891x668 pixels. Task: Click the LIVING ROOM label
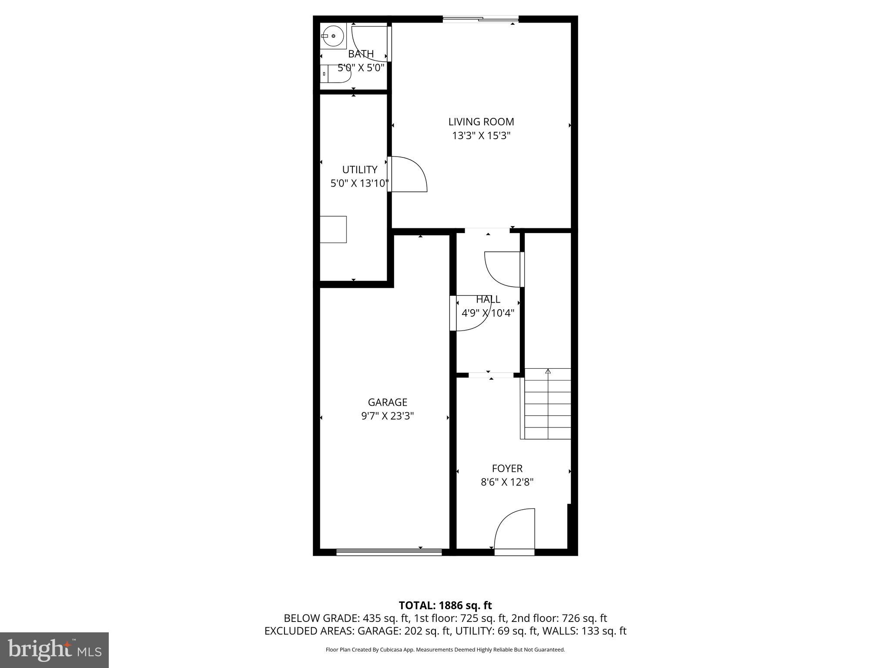pyautogui.click(x=481, y=122)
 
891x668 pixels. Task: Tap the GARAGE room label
pyautogui.click(x=387, y=402)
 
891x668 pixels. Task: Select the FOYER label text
pyautogui.click(x=507, y=468)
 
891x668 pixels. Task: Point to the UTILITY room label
pyautogui.click(x=359, y=170)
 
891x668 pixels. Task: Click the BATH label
pyautogui.click(x=361, y=54)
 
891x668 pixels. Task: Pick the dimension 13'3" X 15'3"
pyautogui.click(x=481, y=136)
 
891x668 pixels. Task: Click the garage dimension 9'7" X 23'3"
pyautogui.click(x=387, y=416)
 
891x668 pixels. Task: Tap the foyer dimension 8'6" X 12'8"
pyautogui.click(x=507, y=482)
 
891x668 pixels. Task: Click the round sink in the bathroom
pyautogui.click(x=333, y=36)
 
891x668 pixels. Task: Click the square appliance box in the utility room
pyautogui.click(x=333, y=229)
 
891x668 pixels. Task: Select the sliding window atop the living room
pyautogui.click(x=481, y=19)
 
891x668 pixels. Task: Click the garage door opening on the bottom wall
pyautogui.click(x=389, y=552)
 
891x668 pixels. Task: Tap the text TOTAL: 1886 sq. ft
pyautogui.click(x=445, y=605)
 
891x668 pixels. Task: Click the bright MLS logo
pyautogui.click(x=54, y=650)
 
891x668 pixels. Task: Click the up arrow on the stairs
pyautogui.click(x=548, y=371)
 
